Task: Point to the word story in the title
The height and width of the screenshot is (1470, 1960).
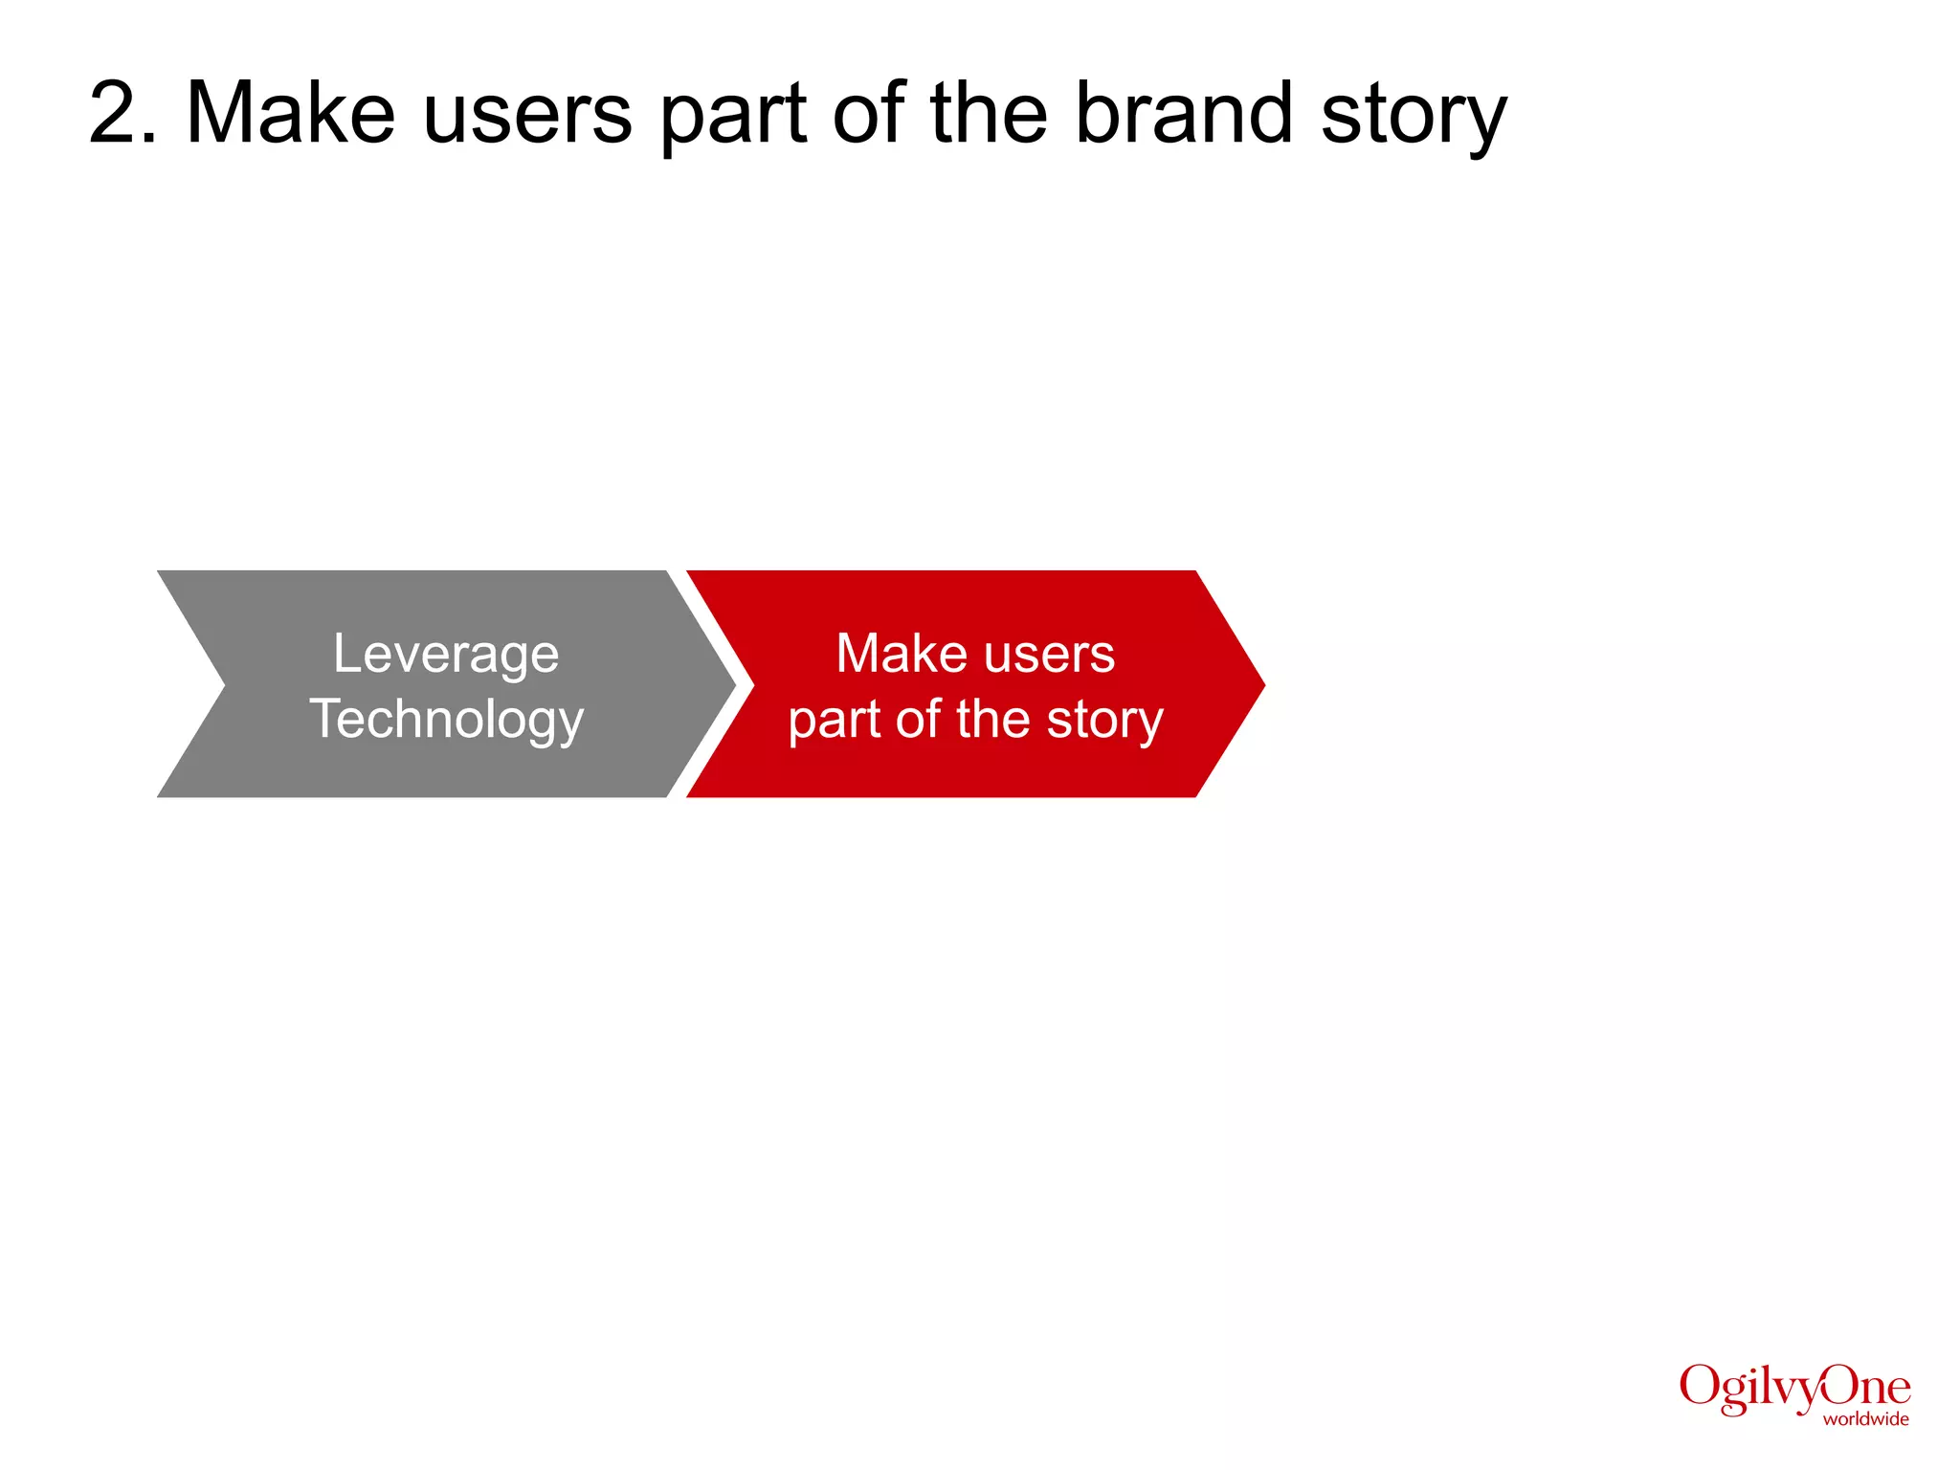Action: coord(1413,119)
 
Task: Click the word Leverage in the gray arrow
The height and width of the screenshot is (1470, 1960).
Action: coord(446,656)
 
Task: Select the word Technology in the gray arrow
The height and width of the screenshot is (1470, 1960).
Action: coord(446,720)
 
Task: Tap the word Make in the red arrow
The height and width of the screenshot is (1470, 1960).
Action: coord(902,654)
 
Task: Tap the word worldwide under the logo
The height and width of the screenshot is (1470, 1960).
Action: coord(1865,1419)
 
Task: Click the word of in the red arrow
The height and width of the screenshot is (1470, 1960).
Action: coord(917,720)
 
